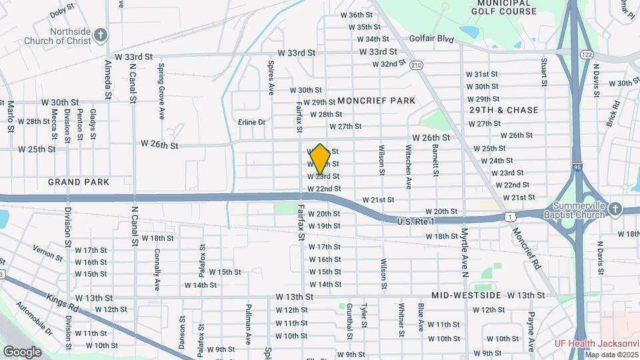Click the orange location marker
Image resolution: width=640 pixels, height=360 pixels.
pos(320,159)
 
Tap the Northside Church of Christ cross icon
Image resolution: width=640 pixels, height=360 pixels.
pos(100,34)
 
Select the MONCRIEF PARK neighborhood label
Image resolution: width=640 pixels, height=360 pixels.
pos(376,101)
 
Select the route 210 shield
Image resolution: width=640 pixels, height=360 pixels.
pos(417,65)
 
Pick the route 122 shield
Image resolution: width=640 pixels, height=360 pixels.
pos(587,54)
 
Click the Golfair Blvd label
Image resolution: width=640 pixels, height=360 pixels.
pos(431,39)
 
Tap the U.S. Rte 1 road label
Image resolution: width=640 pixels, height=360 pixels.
pos(415,221)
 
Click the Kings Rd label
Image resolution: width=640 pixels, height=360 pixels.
pos(61,303)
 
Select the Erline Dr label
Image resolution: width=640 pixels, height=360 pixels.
pos(252,122)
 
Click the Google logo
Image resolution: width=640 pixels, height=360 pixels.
pos(22,351)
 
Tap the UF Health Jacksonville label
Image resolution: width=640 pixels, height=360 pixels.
pos(597,344)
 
